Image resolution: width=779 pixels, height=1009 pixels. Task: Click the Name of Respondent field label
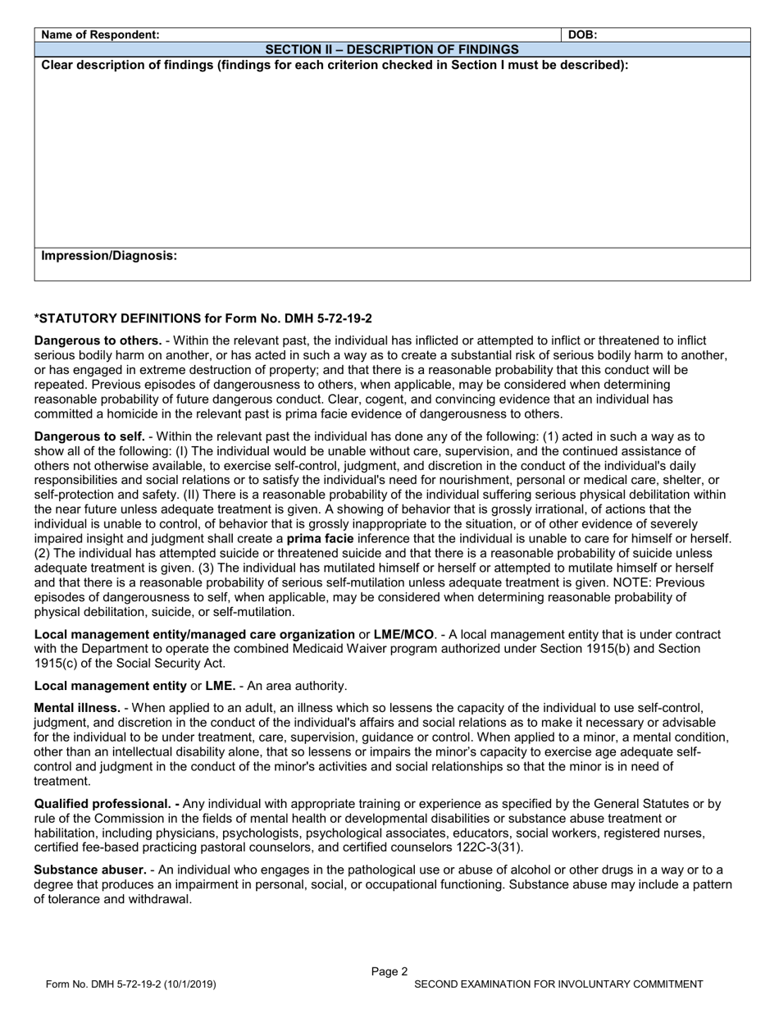pyautogui.click(x=100, y=35)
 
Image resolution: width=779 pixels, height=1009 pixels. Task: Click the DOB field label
pyautogui.click(x=582, y=35)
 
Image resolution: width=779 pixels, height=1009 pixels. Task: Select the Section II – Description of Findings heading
pyautogui.click(x=392, y=50)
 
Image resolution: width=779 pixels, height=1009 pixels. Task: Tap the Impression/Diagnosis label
pyautogui.click(x=109, y=256)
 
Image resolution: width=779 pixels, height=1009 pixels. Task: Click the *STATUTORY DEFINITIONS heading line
pyautogui.click(x=203, y=318)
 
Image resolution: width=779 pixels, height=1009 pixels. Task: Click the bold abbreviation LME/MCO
pyautogui.click(x=403, y=634)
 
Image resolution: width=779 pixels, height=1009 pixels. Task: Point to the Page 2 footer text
pyautogui.click(x=389, y=972)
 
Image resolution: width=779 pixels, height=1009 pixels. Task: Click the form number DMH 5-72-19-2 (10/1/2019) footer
pyautogui.click(x=132, y=984)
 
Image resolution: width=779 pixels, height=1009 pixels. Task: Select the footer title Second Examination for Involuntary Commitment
pyautogui.click(x=558, y=984)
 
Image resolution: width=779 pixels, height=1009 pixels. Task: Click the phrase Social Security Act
pyautogui.click(x=173, y=664)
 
